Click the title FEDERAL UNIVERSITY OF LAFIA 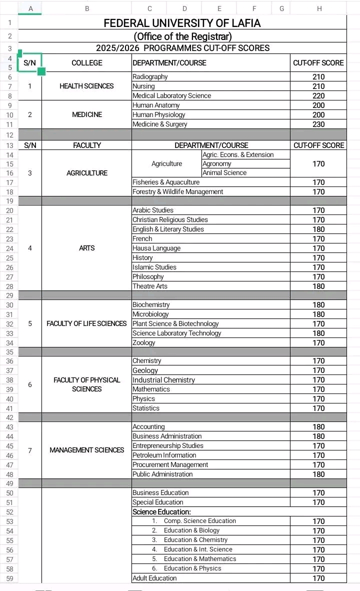click(x=182, y=23)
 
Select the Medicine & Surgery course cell click(x=160, y=124)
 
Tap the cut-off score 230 click(x=318, y=124)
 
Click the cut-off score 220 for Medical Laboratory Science click(x=318, y=96)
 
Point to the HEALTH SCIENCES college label click(x=86, y=86)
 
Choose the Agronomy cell click(x=217, y=163)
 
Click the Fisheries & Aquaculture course click(x=166, y=182)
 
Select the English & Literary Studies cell click(x=168, y=229)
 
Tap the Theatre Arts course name click(x=150, y=286)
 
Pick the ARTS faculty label click(x=86, y=248)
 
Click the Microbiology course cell click(x=151, y=314)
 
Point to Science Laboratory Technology click(x=177, y=333)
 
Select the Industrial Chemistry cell click(x=164, y=380)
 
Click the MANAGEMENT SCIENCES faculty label click(x=86, y=450)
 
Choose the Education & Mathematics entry click(x=200, y=559)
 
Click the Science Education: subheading click(x=161, y=512)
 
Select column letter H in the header click(x=319, y=8)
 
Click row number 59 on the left click(x=9, y=578)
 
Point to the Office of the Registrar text click(x=182, y=36)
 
